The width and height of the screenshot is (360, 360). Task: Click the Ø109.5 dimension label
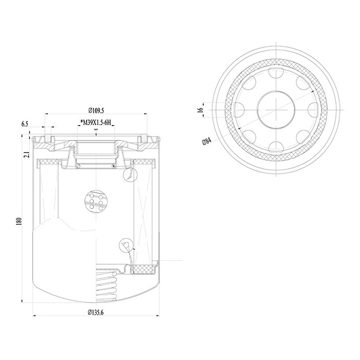tap(97, 110)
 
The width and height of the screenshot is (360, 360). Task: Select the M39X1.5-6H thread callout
tap(97, 123)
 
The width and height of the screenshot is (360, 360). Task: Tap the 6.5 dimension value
tap(25, 124)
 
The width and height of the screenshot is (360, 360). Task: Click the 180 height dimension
tap(18, 222)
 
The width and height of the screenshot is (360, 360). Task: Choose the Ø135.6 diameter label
tap(95, 312)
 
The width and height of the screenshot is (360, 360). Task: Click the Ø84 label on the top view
tap(206, 141)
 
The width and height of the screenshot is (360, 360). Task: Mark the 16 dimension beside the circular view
tap(201, 110)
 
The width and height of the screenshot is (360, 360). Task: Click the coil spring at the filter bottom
tap(107, 286)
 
